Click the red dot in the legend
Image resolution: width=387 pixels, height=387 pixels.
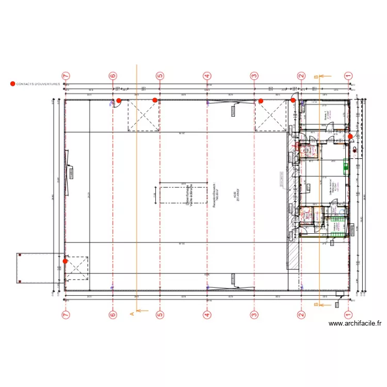coord(12,84)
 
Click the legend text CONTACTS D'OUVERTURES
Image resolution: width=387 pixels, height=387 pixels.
coord(38,84)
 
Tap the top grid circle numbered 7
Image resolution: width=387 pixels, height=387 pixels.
coord(66,75)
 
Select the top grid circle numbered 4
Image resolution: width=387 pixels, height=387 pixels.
coord(207,75)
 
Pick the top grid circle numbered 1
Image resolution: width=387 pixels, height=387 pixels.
coord(348,75)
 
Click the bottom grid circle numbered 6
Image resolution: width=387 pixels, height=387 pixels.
coord(112,314)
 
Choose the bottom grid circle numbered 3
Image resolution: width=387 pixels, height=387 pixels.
coord(254,314)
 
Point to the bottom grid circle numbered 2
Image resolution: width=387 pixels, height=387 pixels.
coord(301,314)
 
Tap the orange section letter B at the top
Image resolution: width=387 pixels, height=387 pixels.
coord(316,77)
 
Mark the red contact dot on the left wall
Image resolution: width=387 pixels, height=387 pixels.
coord(65,261)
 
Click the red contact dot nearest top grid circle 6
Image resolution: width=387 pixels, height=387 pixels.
coord(119,101)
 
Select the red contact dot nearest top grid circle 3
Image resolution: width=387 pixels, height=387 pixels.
coord(261,101)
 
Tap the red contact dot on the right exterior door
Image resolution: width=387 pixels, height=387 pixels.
coord(350,136)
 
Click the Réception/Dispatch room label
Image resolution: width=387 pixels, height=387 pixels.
coord(216,195)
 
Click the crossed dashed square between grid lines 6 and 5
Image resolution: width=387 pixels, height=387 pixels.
coord(143,116)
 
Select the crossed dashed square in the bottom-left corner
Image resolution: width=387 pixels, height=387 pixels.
coord(77,267)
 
